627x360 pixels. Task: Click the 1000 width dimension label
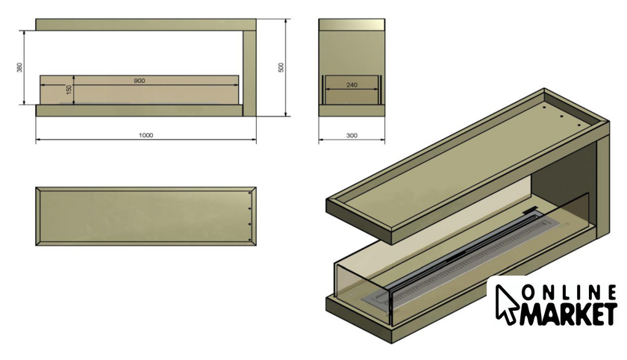point(146,135)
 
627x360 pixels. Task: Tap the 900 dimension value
point(139,81)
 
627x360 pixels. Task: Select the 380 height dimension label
point(19,68)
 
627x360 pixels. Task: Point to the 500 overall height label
point(281,67)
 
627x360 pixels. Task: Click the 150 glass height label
point(69,90)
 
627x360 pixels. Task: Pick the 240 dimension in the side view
point(352,85)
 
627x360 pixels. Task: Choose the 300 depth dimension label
point(352,136)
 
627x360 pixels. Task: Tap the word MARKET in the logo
point(568,314)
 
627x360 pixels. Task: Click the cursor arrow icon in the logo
point(506,305)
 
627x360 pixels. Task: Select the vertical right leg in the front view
point(249,73)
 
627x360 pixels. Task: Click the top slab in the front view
point(146,25)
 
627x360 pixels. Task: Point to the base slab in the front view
point(139,111)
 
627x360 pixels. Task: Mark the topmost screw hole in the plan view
point(250,193)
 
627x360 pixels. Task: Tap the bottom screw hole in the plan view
point(250,240)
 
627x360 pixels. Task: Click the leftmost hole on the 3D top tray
point(544,108)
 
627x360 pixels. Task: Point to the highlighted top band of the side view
point(352,24)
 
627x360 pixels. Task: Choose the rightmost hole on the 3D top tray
point(578,125)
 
